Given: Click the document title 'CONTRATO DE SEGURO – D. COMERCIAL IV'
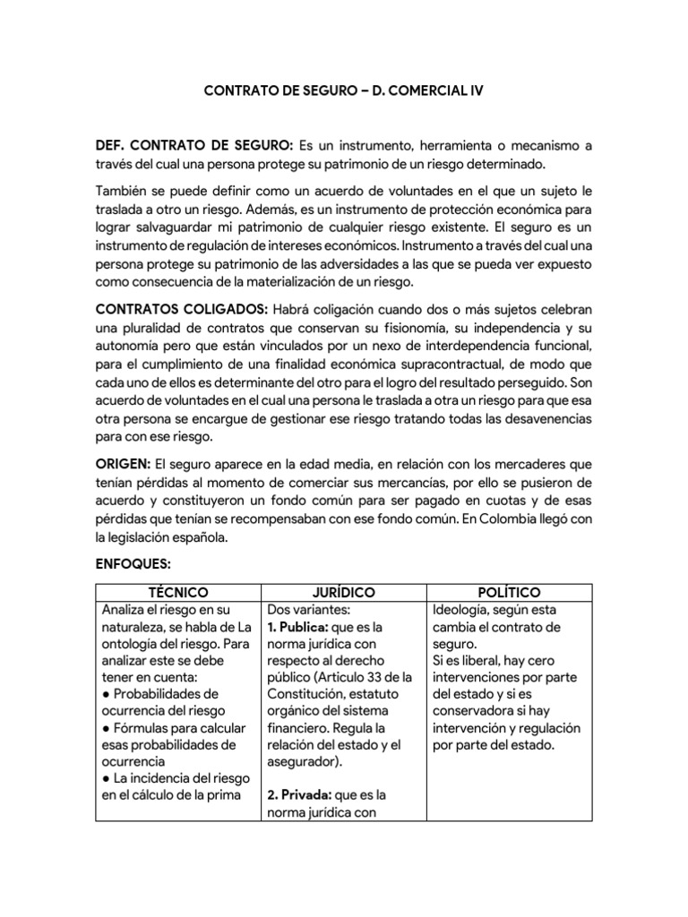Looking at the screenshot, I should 344,91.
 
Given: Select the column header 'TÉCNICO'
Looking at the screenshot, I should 178,593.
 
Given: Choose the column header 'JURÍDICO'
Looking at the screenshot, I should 344,593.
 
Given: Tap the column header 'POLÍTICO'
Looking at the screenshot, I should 510,593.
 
